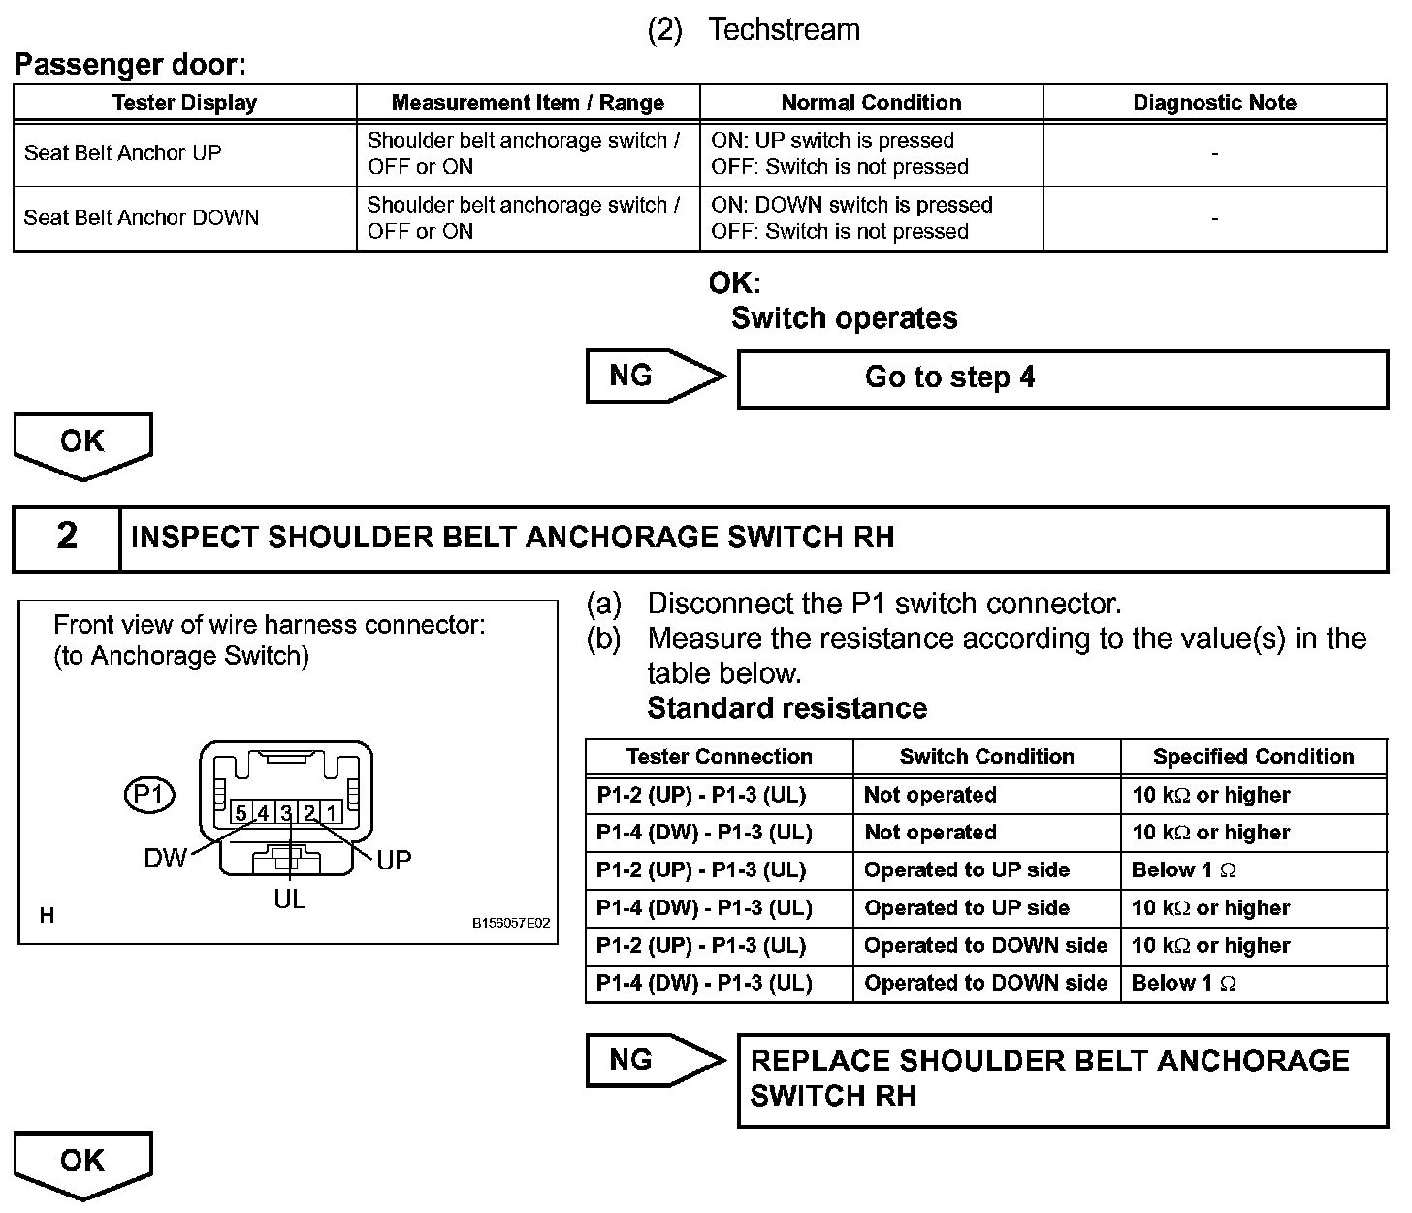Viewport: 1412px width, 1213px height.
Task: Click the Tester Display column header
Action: (184, 103)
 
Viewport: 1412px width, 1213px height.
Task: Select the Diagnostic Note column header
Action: (1214, 103)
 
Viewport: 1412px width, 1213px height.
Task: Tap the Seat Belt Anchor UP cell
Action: (123, 153)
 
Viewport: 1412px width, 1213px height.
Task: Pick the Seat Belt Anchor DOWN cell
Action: (142, 217)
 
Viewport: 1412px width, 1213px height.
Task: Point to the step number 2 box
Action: (67, 536)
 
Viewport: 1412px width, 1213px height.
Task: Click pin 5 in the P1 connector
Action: (241, 813)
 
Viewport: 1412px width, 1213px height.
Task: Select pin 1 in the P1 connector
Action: (332, 813)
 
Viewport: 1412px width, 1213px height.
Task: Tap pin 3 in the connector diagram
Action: (286, 813)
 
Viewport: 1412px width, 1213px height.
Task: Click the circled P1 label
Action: (148, 796)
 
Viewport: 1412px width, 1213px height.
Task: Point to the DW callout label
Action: (165, 858)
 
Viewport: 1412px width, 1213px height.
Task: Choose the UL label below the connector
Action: (289, 900)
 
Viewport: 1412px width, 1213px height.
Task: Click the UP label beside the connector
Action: (394, 860)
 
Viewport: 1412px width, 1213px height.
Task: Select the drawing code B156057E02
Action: (511, 923)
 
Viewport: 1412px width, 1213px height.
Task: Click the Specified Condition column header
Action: (1253, 757)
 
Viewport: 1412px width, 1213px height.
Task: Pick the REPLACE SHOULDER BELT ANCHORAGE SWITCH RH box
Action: (1062, 1079)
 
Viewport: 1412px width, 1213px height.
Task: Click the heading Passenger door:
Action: (130, 66)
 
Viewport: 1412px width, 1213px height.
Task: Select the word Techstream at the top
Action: (784, 30)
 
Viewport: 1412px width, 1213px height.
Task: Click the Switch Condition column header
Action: (986, 757)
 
